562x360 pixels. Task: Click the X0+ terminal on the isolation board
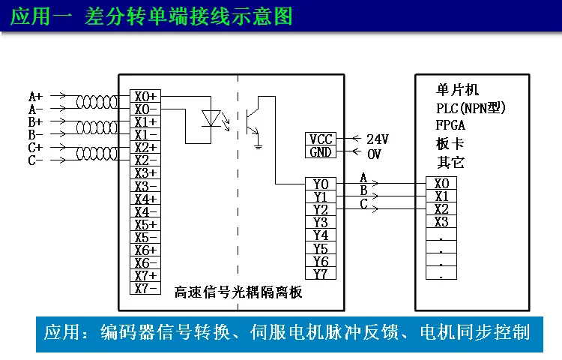[x=145, y=97]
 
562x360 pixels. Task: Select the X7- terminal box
[x=145, y=288]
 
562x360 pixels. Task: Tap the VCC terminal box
[x=321, y=139]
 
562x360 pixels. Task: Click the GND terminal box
[x=321, y=151]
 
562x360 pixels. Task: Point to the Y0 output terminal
[x=321, y=184]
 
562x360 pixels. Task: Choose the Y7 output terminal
[x=321, y=274]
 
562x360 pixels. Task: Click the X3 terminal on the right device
[x=441, y=222]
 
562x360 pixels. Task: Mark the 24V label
[x=378, y=139]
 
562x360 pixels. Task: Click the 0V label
[x=374, y=153]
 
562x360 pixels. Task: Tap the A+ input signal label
[x=35, y=97]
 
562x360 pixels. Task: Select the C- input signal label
[x=35, y=160]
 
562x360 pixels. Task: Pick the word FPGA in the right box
[x=450, y=125]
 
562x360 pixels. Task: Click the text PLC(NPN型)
[x=471, y=108]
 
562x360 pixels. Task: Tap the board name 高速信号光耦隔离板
[x=238, y=292]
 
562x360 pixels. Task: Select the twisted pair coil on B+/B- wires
[x=97, y=128]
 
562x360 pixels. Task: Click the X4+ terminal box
[x=145, y=199]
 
